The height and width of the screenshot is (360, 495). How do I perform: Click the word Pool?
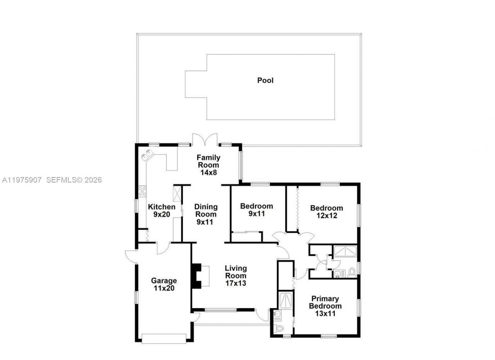coord(265,80)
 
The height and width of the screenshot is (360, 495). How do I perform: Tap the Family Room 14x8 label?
coord(208,165)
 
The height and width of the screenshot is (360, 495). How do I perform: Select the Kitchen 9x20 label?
coord(162,211)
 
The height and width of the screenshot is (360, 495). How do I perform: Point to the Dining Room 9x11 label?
coord(206,214)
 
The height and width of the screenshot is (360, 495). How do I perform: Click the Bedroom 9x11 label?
coord(256,210)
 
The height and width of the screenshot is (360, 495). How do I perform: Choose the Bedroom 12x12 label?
coord(326,212)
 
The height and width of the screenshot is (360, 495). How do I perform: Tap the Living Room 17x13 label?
coord(236,275)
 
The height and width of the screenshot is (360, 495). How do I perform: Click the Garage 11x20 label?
coord(164,285)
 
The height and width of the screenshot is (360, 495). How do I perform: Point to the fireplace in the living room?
coord(197,276)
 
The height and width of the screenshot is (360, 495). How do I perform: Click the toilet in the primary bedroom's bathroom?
coord(279,329)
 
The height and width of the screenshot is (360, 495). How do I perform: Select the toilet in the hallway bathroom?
coord(352,272)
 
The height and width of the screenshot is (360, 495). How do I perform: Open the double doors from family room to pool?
coord(205,140)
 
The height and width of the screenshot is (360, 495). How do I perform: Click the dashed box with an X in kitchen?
coord(177,194)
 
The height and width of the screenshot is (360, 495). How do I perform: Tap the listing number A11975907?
coord(22,180)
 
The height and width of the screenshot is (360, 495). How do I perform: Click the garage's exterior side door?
coord(131,255)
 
